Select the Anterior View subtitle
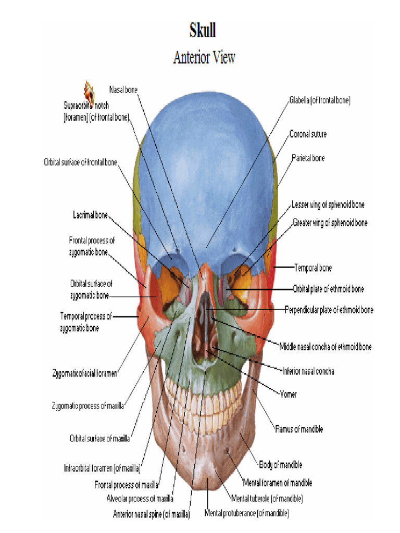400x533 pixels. (204, 57)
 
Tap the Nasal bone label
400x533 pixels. (123, 90)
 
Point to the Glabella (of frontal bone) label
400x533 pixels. (319, 101)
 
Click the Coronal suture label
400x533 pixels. (308, 134)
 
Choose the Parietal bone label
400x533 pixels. (308, 158)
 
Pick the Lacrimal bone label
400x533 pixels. (90, 215)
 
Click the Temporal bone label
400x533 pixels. (312, 268)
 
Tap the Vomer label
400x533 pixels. (288, 395)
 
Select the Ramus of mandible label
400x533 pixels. (299, 429)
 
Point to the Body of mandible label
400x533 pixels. (280, 465)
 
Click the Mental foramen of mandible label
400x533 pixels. (278, 483)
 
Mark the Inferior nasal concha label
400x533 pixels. (308, 372)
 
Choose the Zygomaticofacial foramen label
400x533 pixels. (84, 373)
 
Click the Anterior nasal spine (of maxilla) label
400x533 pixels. (152, 514)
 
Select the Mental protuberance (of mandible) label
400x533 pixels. (247, 514)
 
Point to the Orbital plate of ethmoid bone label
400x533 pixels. (328, 289)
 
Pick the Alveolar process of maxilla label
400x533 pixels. (140, 499)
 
